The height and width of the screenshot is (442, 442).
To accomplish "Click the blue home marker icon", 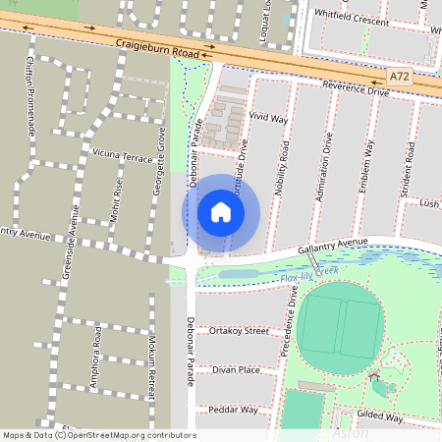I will (x=221, y=211).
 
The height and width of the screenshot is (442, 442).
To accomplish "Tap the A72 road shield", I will (x=399, y=76).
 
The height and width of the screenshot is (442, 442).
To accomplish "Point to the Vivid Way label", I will (x=267, y=117).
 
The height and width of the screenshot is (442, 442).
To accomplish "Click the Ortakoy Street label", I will (x=239, y=332).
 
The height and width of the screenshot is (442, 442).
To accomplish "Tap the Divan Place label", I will (x=236, y=370).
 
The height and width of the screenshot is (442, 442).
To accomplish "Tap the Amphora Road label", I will (x=96, y=359).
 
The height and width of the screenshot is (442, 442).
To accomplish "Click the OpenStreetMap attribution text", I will (x=98, y=435).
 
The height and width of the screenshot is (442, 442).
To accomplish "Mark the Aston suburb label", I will (x=351, y=433).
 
